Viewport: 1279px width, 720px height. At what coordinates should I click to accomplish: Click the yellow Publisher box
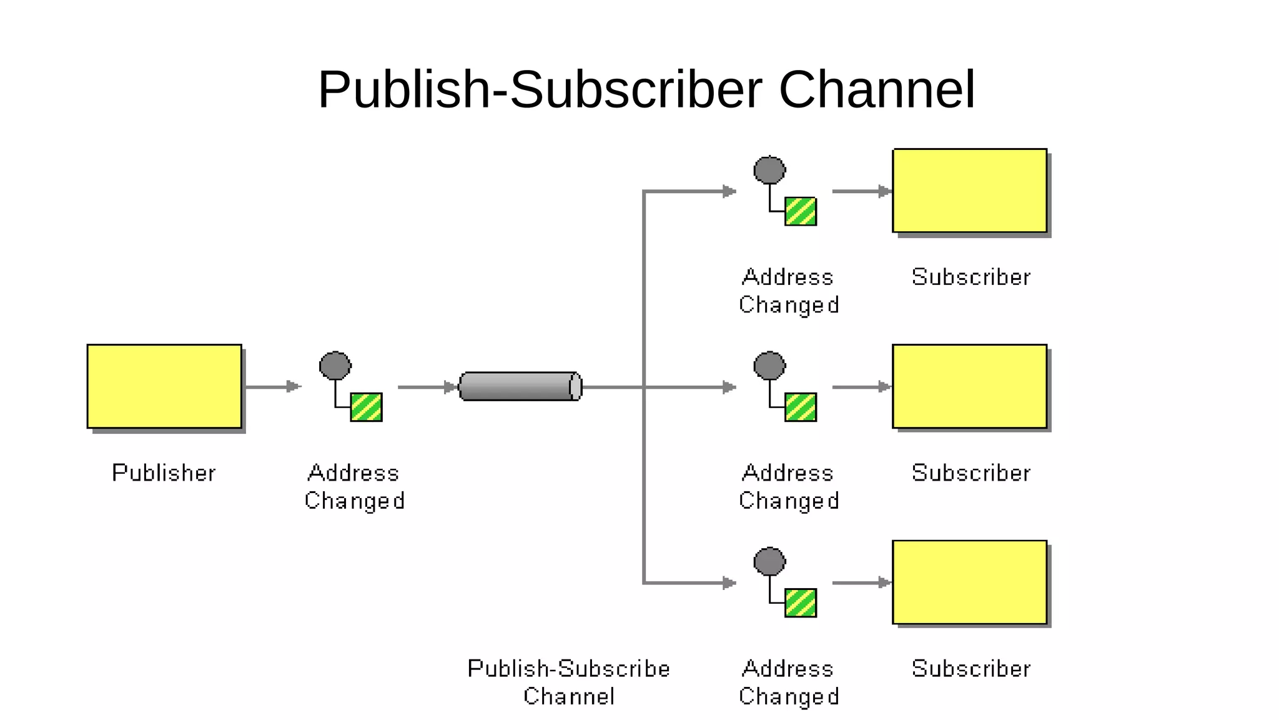[x=164, y=386]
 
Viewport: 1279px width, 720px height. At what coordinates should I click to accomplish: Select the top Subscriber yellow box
[x=969, y=190]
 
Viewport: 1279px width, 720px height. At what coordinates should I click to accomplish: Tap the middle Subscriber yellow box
[x=969, y=386]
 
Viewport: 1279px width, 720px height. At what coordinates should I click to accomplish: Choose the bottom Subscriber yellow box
[x=969, y=582]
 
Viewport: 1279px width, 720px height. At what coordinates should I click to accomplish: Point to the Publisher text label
[x=164, y=472]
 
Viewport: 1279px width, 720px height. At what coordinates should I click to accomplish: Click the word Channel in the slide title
[x=877, y=89]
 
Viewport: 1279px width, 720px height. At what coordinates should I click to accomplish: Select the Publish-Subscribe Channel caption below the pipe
[x=568, y=682]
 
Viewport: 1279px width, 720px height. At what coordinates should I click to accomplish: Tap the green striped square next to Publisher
[x=366, y=407]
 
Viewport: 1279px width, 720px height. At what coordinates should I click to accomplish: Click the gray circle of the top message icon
[x=769, y=170]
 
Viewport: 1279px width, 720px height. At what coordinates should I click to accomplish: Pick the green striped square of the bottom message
[x=801, y=602]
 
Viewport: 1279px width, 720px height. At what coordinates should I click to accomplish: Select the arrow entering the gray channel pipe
[x=428, y=387]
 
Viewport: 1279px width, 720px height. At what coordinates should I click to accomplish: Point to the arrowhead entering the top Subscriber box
[x=884, y=191]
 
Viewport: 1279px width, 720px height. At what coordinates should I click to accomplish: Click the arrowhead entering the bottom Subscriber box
[x=884, y=582]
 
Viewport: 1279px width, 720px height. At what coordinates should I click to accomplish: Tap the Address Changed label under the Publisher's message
[x=354, y=486]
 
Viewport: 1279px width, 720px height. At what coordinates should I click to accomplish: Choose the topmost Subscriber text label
[x=970, y=277]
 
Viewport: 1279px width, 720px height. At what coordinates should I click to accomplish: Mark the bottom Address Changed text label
[x=788, y=682]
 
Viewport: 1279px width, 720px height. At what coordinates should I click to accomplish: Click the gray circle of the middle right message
[x=769, y=366]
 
